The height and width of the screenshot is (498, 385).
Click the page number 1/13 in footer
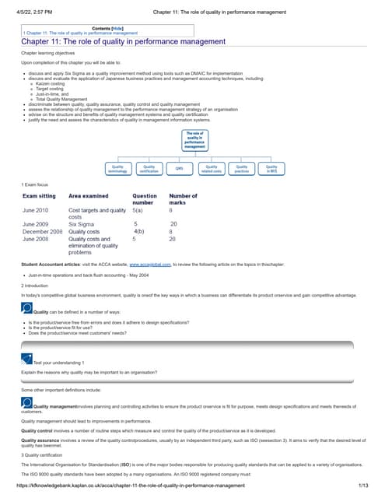(362, 486)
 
